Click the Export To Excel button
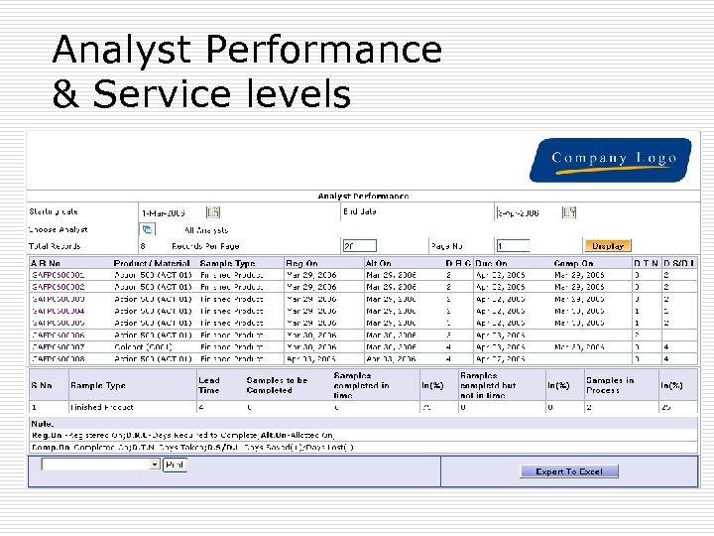click(x=568, y=471)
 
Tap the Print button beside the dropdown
click(x=175, y=464)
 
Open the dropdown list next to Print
click(x=153, y=464)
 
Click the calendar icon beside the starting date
click(x=212, y=211)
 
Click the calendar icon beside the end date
click(x=568, y=211)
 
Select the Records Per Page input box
click(x=359, y=245)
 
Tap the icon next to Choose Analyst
click(x=148, y=229)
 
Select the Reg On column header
click(x=301, y=263)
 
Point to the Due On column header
click(x=492, y=263)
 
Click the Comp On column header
click(x=571, y=263)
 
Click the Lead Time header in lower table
click(x=209, y=385)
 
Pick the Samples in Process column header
click(x=609, y=385)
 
